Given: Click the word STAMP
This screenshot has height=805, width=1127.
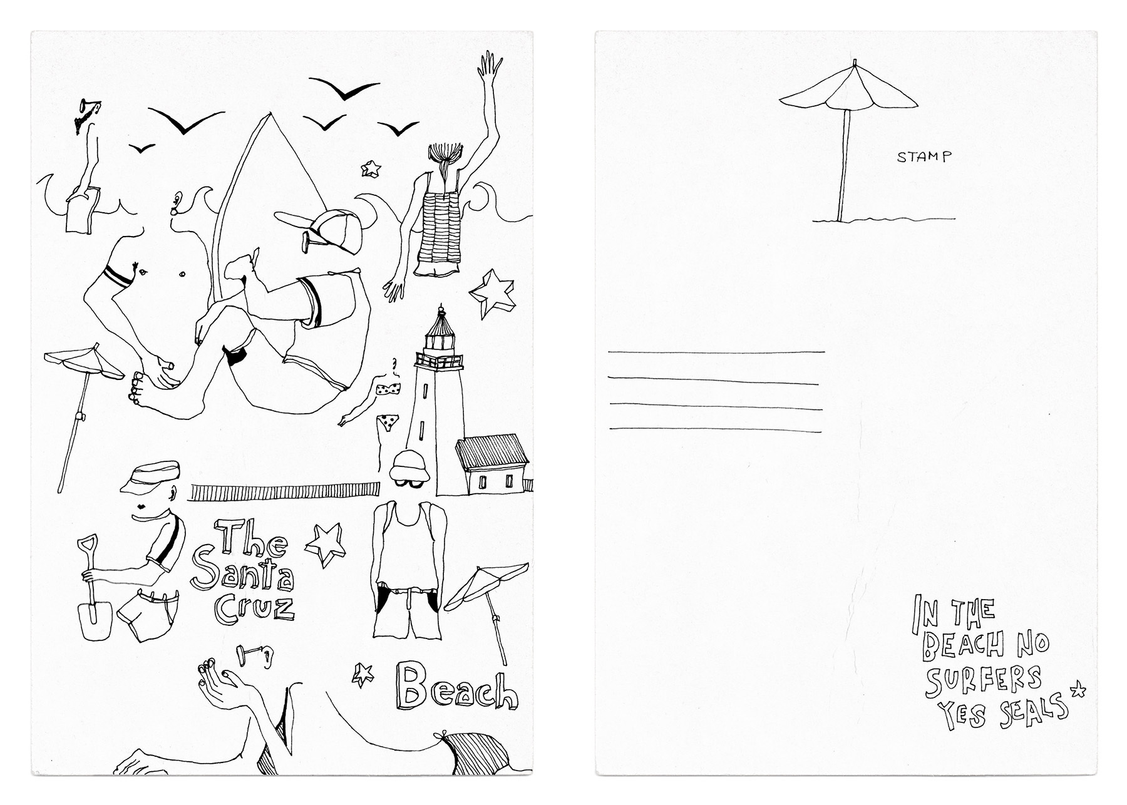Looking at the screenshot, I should coord(924,157).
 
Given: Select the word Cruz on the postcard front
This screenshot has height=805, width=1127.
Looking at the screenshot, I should coord(254,605).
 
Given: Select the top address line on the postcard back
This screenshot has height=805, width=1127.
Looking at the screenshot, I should coord(715,352).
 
